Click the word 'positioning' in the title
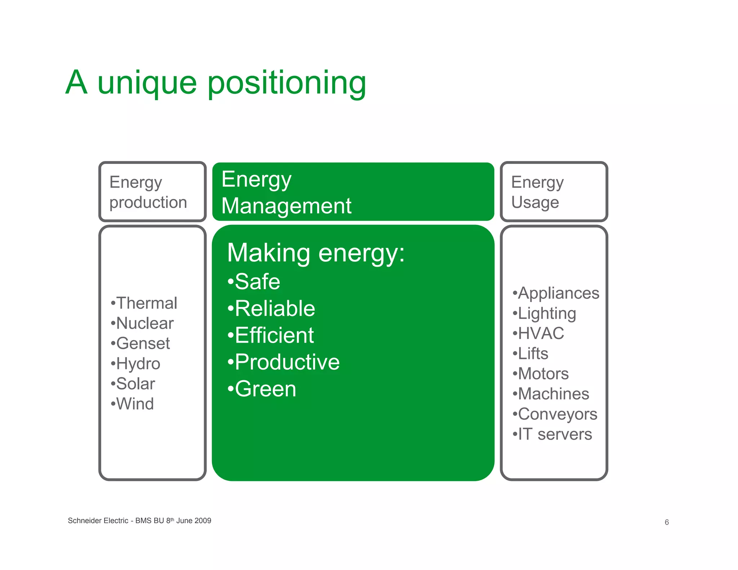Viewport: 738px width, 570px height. tap(287, 84)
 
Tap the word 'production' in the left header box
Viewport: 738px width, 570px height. tap(148, 202)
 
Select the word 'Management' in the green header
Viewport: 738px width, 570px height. tap(286, 206)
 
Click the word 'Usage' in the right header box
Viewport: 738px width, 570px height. tap(535, 202)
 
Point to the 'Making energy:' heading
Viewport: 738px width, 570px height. tap(316, 253)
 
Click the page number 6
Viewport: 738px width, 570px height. tap(667, 522)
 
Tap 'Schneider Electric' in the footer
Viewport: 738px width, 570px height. tap(98, 521)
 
